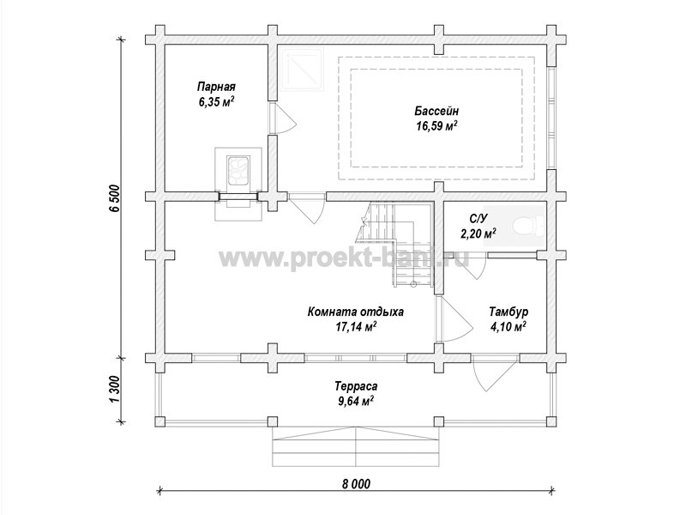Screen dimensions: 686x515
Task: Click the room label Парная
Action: (216, 86)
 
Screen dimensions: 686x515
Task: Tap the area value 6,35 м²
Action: (216, 102)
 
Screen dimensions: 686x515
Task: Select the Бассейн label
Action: (436, 111)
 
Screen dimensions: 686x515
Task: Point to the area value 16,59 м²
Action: (436, 126)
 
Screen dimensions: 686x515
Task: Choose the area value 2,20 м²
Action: (478, 233)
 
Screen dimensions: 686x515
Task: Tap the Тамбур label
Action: (508, 312)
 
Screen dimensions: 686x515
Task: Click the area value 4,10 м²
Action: (508, 327)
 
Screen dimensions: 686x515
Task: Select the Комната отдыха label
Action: (356, 312)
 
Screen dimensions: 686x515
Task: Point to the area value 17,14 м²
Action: (356, 327)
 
